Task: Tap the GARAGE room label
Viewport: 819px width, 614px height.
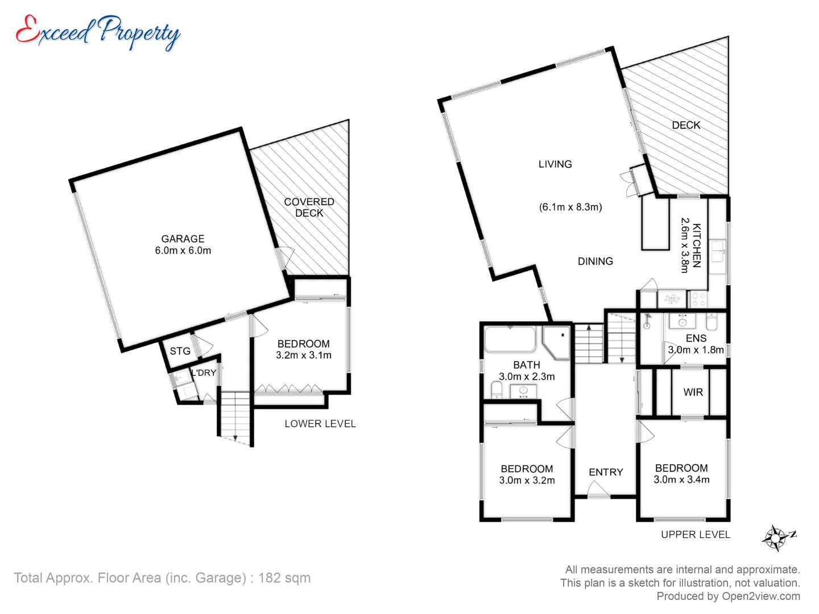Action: pyautogui.click(x=183, y=239)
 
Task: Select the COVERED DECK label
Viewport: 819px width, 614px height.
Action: pyautogui.click(x=309, y=208)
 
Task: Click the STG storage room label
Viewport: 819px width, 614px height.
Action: pyautogui.click(x=180, y=351)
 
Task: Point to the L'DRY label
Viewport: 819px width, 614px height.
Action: pyautogui.click(x=204, y=372)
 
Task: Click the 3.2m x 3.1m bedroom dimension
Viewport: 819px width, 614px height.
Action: pyautogui.click(x=304, y=355)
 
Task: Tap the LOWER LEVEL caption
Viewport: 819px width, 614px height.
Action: pyautogui.click(x=320, y=424)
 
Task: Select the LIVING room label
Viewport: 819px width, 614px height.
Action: pyautogui.click(x=555, y=164)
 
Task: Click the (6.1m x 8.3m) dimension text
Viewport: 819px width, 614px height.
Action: pyautogui.click(x=570, y=207)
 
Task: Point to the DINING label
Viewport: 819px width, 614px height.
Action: pyautogui.click(x=595, y=262)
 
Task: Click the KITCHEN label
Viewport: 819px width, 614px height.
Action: pyautogui.click(x=697, y=245)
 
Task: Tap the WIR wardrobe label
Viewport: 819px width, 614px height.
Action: pyautogui.click(x=693, y=392)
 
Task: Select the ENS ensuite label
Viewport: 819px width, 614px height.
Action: pyautogui.click(x=696, y=338)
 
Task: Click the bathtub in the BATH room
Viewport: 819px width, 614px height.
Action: pyautogui.click(x=510, y=339)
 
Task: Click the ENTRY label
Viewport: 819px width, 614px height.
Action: pyautogui.click(x=606, y=472)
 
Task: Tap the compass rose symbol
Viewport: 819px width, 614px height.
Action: pyautogui.click(x=776, y=538)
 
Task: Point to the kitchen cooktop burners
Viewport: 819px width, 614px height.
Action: pyautogui.click(x=698, y=299)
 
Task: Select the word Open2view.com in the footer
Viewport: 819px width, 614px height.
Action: pyautogui.click(x=761, y=596)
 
